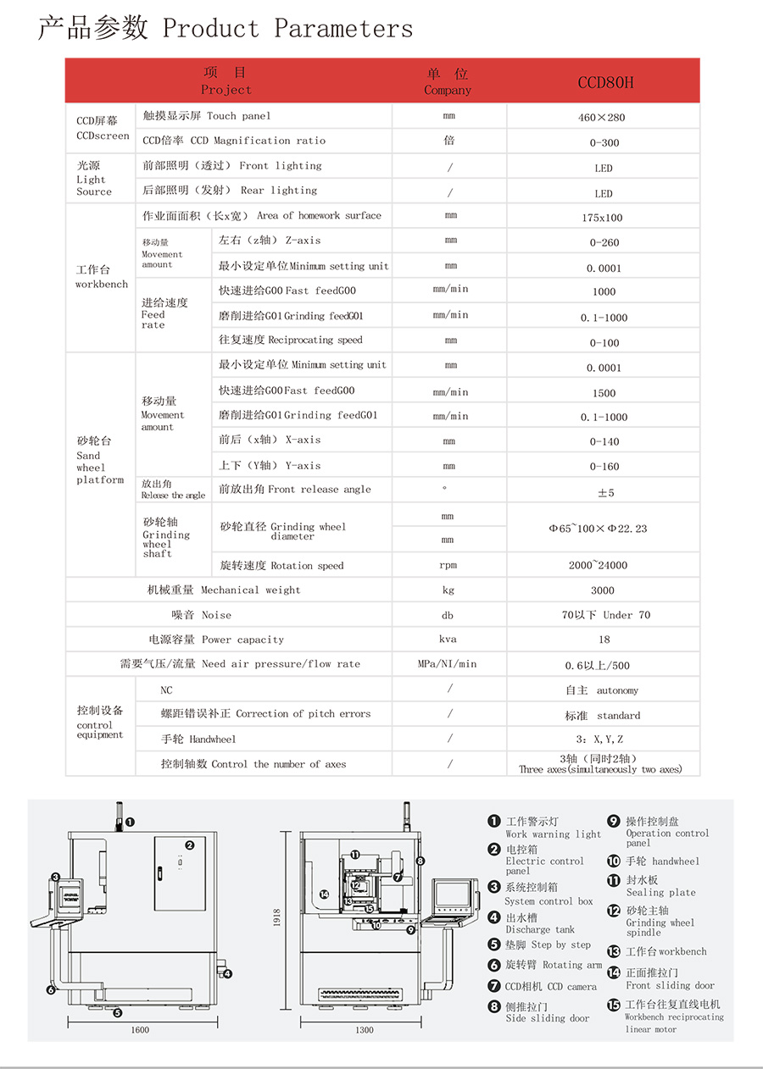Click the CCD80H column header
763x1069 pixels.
point(605,82)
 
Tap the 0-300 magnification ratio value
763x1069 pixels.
point(604,143)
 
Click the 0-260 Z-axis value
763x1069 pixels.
point(604,242)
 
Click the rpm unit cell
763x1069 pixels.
point(448,565)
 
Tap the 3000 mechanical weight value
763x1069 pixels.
point(603,590)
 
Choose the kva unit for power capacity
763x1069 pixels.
point(448,640)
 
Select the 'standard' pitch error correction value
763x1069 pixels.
point(603,716)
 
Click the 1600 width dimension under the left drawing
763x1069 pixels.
point(140,1030)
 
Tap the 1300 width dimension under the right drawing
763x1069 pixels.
point(364,1030)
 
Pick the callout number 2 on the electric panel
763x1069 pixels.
point(190,845)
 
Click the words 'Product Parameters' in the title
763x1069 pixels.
point(287,29)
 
